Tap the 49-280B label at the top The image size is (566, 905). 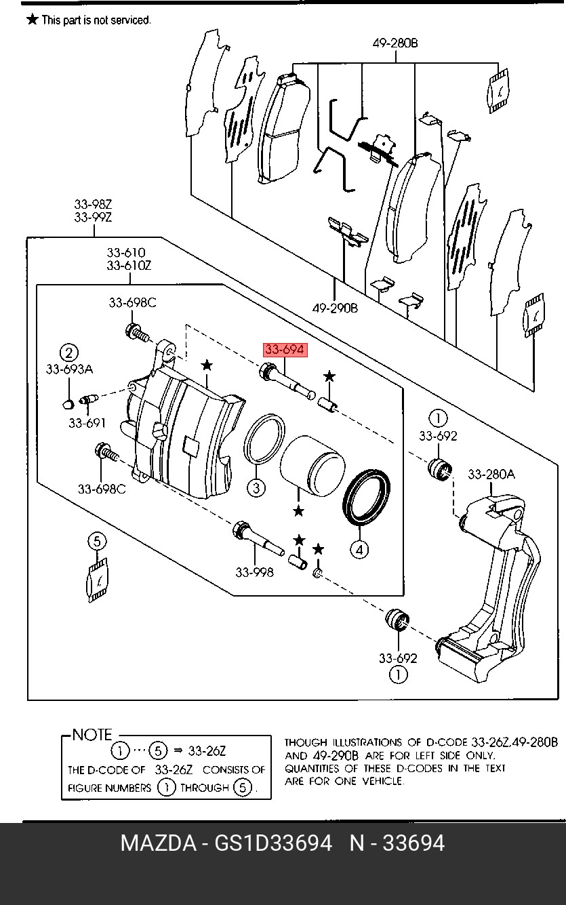[395, 43]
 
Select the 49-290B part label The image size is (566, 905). [335, 308]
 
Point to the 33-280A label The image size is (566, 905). [491, 474]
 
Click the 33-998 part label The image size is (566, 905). [255, 572]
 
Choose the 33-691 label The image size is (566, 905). [87, 423]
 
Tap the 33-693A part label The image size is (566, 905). [69, 369]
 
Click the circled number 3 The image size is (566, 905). [256, 487]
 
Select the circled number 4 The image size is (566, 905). [360, 549]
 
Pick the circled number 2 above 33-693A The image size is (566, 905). [68, 353]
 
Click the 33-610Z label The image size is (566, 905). [129, 266]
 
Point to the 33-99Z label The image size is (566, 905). [93, 217]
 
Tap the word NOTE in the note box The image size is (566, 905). [92, 735]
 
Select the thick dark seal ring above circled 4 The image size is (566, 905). [367, 496]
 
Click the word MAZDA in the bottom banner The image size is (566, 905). [158, 843]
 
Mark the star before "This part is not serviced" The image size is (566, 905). [32, 20]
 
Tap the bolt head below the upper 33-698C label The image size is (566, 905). [134, 331]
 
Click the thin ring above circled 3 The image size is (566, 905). [264, 441]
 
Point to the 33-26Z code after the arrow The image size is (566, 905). [207, 751]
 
